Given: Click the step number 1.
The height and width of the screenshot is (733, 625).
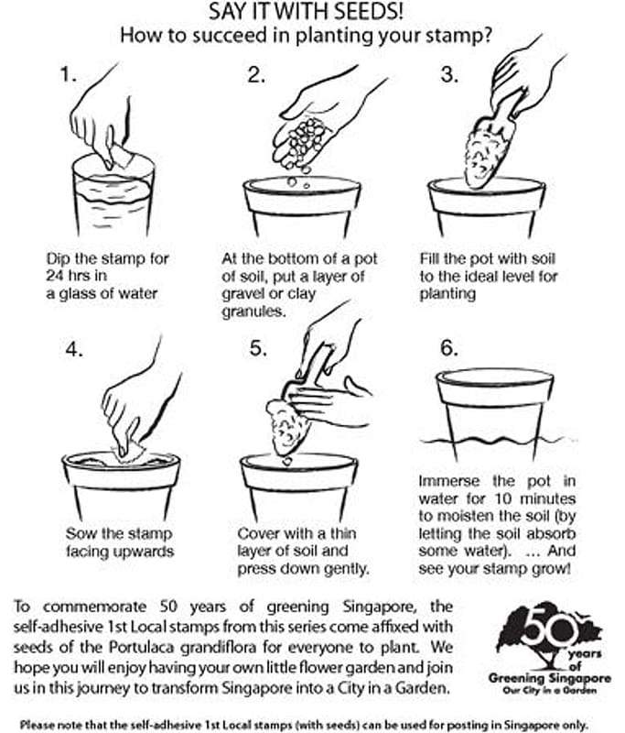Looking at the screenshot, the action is coord(68,75).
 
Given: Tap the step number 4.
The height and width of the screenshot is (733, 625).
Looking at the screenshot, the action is coord(74,349).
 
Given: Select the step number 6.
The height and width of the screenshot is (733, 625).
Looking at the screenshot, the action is coord(448,348).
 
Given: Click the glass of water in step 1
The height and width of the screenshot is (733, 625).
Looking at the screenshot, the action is coord(113,195).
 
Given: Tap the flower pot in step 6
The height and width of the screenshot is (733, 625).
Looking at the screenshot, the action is coord(495,412).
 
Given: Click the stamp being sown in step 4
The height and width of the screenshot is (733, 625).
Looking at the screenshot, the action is coord(129,451).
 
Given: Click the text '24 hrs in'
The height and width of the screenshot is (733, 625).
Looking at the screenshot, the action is coord(77,276).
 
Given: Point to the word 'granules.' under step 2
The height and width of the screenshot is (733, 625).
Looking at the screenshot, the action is coord(253,312).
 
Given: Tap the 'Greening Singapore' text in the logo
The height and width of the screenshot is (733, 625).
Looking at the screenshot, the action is coord(549,678).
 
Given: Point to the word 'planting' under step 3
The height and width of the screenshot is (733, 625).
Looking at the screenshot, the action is coord(447,294).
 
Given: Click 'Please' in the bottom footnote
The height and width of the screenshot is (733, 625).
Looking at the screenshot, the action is coord(34,725).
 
